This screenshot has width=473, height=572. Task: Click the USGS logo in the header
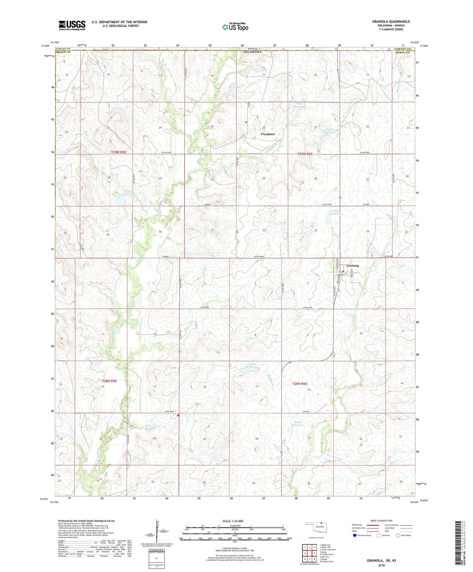[72, 25]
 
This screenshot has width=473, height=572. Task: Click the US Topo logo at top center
[235, 27]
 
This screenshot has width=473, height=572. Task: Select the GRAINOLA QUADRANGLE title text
[391, 22]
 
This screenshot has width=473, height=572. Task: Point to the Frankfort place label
[268, 134]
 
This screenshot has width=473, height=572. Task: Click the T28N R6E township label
[300, 383]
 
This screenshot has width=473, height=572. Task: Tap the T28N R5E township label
[109, 381]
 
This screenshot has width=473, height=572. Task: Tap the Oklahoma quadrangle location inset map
[316, 528]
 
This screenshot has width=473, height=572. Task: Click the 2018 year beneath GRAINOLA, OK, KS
[381, 565]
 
